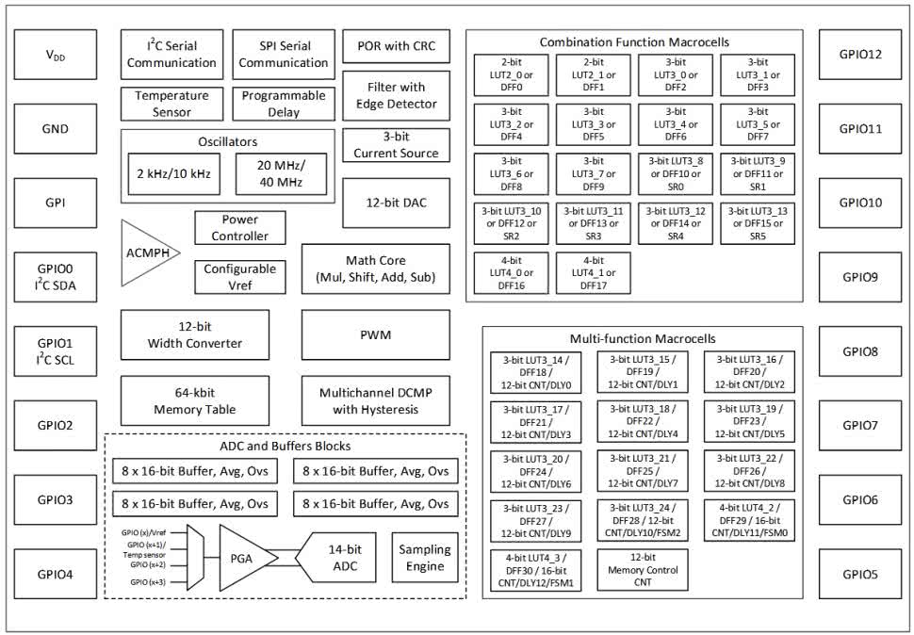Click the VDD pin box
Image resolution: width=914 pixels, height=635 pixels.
pos(56,55)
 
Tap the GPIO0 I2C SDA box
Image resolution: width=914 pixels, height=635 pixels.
pos(56,276)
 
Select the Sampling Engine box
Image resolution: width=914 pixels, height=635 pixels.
pos(425,558)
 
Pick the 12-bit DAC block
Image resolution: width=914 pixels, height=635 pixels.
pos(395,203)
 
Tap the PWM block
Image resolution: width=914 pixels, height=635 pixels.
pos(375,334)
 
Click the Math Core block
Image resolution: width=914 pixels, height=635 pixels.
pos(375,269)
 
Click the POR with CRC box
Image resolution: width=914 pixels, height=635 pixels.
pos(396,46)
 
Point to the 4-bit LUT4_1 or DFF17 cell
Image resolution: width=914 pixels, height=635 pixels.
pos(594,273)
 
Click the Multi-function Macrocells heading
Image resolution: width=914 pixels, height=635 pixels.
pos(643,338)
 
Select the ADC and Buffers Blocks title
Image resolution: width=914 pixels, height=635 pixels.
pos(285,446)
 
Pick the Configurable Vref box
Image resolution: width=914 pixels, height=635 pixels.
pos(239,276)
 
